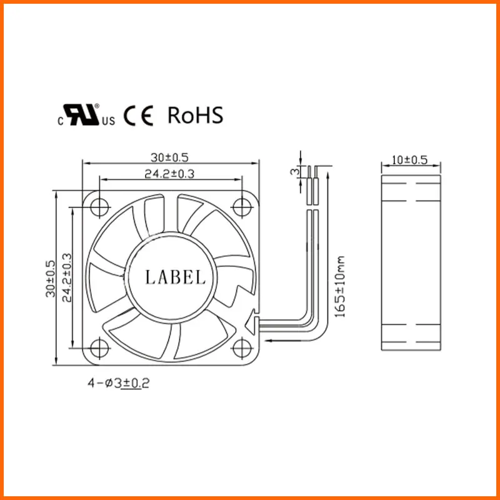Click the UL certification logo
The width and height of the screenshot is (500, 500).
tap(86, 115)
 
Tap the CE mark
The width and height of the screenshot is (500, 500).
tap(138, 116)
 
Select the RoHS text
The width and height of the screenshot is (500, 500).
tap(195, 115)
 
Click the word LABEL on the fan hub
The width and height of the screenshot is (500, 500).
tap(175, 277)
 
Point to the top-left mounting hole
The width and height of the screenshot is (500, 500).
tap(99, 207)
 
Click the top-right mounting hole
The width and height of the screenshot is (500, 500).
tap(242, 207)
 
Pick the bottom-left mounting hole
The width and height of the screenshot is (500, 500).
tap(99, 348)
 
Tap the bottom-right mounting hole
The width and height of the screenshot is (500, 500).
tap(242, 348)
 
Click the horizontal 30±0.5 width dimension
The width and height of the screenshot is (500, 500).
tap(169, 157)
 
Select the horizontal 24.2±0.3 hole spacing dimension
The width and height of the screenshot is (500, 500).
tap(169, 174)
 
